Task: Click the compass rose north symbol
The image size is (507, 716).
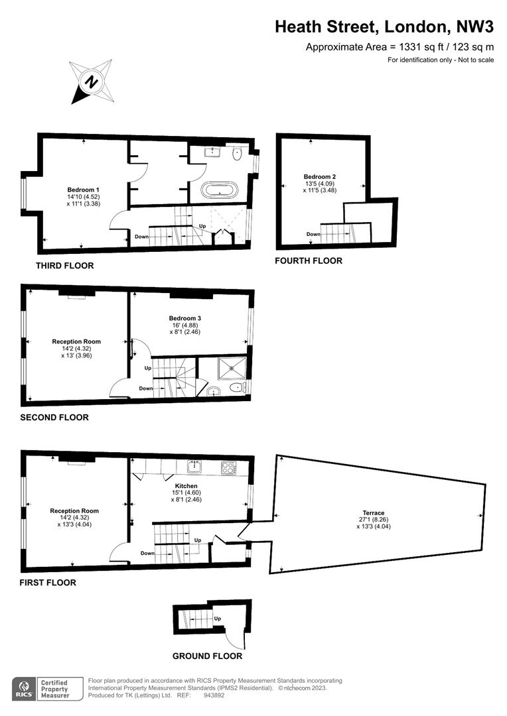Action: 92,82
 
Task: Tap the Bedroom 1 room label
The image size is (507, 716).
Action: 83,190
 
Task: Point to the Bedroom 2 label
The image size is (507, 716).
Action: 320,177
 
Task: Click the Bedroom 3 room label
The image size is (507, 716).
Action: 184,318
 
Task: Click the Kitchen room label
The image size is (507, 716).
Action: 186,486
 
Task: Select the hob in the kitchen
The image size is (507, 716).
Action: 228,467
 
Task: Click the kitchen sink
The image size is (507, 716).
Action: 195,467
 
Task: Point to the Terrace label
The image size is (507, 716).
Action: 374,512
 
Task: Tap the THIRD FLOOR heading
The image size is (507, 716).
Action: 65,266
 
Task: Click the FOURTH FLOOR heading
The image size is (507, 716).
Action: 309,261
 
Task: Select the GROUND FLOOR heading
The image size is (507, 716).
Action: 207,656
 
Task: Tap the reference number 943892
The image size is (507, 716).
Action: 214,695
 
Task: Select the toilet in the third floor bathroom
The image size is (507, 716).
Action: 237,154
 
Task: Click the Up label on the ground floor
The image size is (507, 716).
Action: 218,619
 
